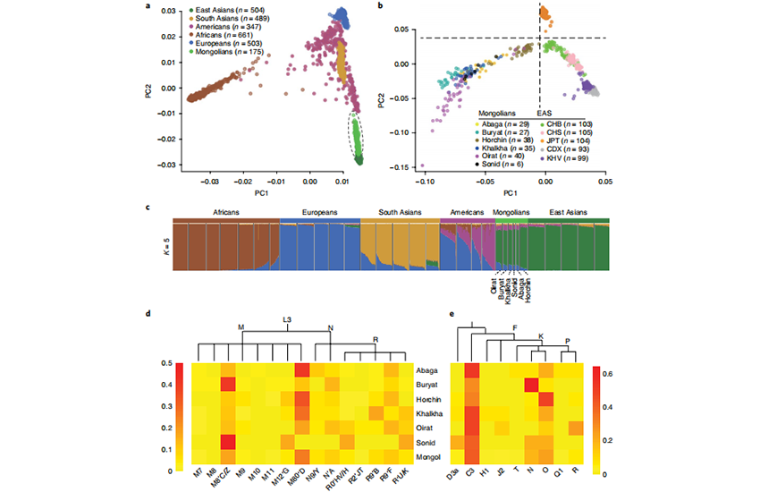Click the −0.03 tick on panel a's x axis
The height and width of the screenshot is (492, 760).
(209, 182)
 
